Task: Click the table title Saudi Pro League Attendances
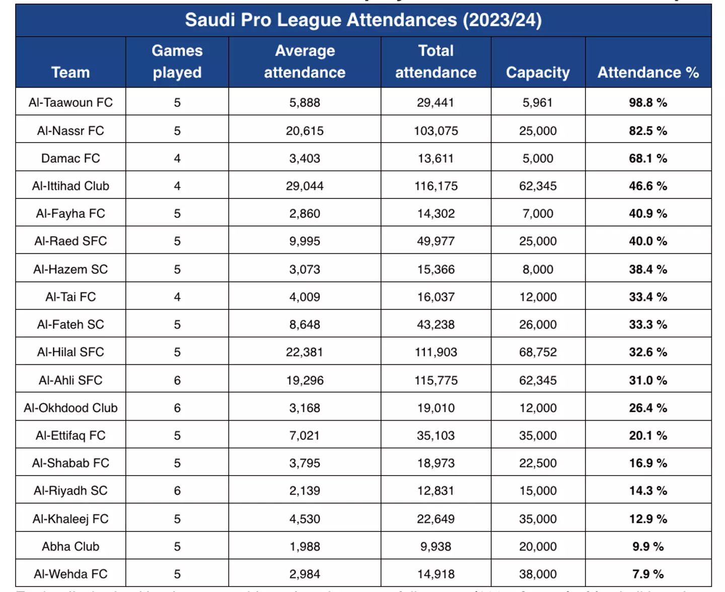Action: point(363,20)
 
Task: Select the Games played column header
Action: point(177,61)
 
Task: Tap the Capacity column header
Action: point(538,73)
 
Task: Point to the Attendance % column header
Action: point(648,73)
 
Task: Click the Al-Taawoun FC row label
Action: point(70,102)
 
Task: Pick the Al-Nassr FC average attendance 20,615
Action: point(305,130)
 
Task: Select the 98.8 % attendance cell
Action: point(648,102)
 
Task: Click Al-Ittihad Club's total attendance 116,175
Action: point(436,186)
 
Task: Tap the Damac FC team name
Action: point(70,158)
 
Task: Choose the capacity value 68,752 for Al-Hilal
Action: point(538,352)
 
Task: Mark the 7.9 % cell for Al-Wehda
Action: point(648,574)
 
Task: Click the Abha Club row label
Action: point(70,546)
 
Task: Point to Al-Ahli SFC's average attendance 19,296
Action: point(305,380)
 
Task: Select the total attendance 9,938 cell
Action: point(436,546)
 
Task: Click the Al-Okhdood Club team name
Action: point(70,408)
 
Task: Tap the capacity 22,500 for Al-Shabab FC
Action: point(538,463)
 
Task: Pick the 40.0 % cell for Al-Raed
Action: point(648,241)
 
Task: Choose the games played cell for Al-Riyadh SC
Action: point(177,491)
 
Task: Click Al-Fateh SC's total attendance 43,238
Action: point(436,324)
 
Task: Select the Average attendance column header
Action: point(305,61)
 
